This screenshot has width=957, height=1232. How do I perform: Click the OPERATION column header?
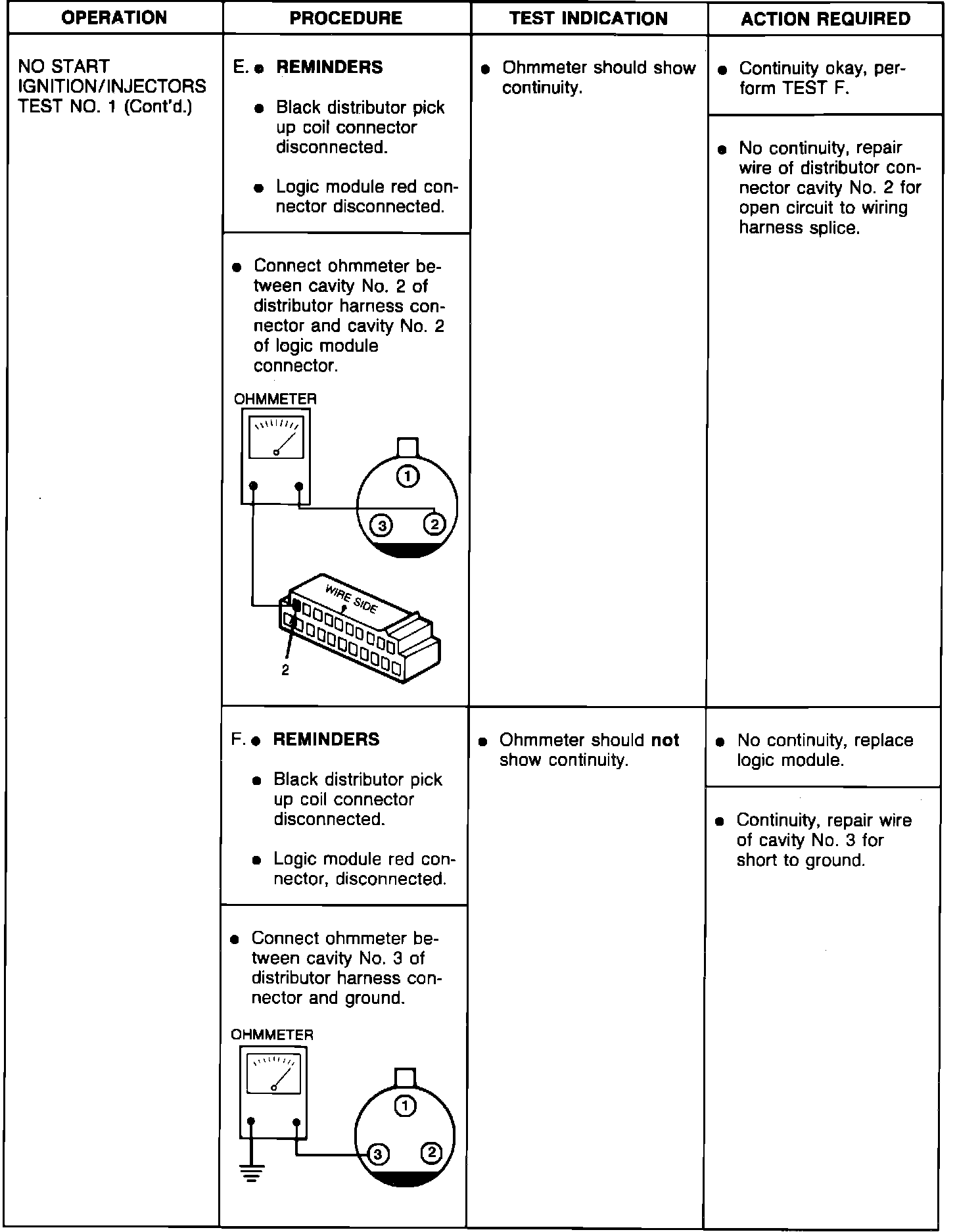pyautogui.click(x=114, y=18)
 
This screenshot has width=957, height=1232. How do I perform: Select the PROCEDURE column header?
pyautogui.click(x=346, y=18)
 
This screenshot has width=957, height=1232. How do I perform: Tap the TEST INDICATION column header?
pyautogui.click(x=588, y=18)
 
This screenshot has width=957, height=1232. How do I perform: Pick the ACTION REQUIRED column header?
pyautogui.click(x=826, y=18)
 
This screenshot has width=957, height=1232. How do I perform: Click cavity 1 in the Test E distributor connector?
pyautogui.click(x=408, y=476)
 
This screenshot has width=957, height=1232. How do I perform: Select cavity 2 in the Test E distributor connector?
pyautogui.click(x=434, y=524)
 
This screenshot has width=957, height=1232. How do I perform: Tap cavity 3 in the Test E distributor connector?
pyautogui.click(x=382, y=525)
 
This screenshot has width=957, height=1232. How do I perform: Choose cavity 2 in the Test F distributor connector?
pyautogui.click(x=431, y=1152)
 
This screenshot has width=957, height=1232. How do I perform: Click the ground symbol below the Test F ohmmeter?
pyautogui.click(x=250, y=1172)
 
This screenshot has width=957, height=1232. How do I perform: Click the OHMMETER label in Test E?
pyautogui.click(x=275, y=399)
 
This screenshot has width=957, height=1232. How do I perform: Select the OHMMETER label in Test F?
pyautogui.click(x=272, y=1035)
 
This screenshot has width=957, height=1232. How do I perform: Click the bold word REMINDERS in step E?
pyautogui.click(x=329, y=67)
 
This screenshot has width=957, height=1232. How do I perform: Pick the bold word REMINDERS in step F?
pyautogui.click(x=326, y=740)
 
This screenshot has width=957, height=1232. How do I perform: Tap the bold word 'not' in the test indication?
pyautogui.click(x=665, y=740)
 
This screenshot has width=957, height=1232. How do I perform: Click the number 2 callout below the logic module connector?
pyautogui.click(x=285, y=671)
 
